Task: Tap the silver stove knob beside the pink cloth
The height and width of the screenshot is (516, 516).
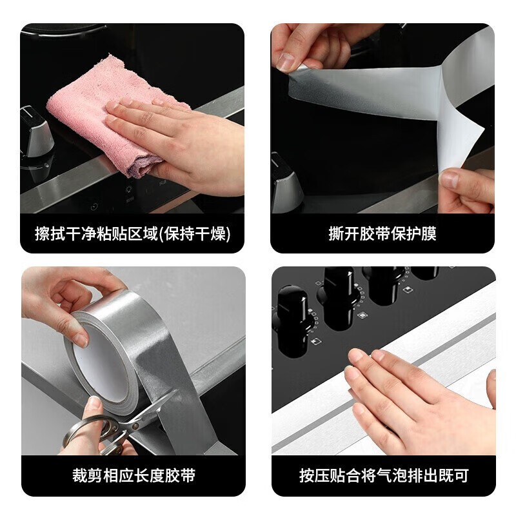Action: pos(35,132)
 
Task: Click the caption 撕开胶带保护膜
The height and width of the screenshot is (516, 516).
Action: pos(382,233)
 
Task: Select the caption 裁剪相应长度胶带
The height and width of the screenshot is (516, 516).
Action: pos(134,475)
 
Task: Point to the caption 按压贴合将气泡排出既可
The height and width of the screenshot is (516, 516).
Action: pos(384,475)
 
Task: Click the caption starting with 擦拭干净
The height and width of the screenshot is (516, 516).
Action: pos(133,233)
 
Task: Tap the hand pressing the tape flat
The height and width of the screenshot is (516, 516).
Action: pos(418,398)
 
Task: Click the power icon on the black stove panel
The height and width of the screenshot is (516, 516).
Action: pos(95,206)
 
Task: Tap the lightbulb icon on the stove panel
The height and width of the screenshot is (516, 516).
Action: pos(128,190)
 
